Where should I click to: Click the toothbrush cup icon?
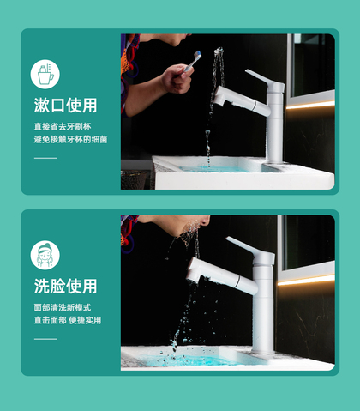point(45,74)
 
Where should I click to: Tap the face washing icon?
point(45,255)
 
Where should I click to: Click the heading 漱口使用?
point(66,106)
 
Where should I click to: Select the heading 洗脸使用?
point(66,286)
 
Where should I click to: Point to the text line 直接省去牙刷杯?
point(63,127)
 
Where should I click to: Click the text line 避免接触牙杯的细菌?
point(70,139)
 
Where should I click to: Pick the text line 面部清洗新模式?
point(63,307)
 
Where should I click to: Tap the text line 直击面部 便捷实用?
point(68,320)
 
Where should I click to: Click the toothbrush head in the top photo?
point(197,55)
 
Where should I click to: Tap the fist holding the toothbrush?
point(177,78)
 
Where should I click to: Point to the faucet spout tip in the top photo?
point(219,95)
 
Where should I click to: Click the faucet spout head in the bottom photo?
point(195,269)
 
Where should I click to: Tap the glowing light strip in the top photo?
point(310,105)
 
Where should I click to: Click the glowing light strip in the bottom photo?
point(306,280)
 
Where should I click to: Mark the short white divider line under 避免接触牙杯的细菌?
point(45,158)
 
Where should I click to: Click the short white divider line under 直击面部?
point(45,339)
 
